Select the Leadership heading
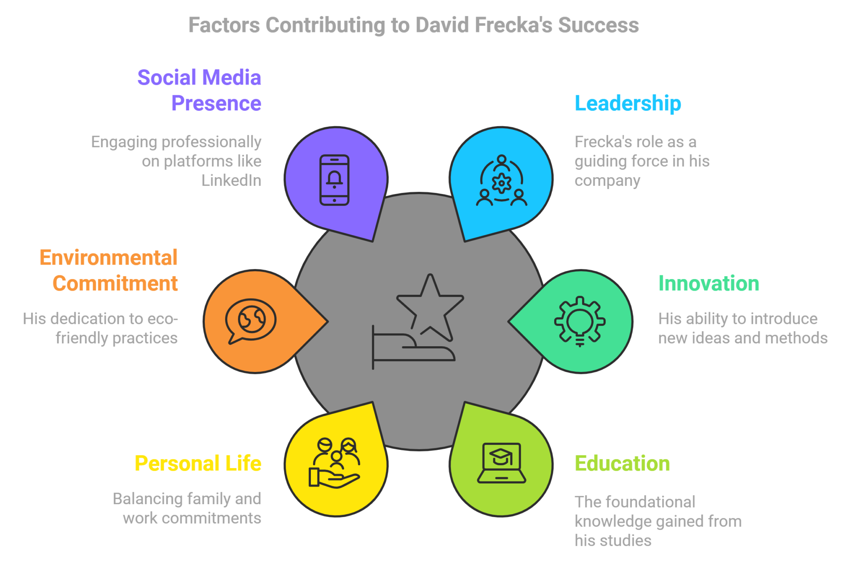pyautogui.click(x=628, y=104)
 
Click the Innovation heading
pyautogui.click(x=708, y=284)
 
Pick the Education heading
pyautogui.click(x=622, y=464)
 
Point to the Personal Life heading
pyautogui.click(x=198, y=464)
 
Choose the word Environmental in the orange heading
pyautogui.click(x=109, y=257)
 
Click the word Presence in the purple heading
pyautogui.click(x=216, y=103)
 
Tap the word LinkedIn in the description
pyautogui.click(x=231, y=181)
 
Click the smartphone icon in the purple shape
pyautogui.click(x=335, y=180)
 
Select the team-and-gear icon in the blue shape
pyautogui.click(x=502, y=180)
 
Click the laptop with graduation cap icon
pyautogui.click(x=502, y=463)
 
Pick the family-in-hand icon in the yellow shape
pyautogui.click(x=335, y=463)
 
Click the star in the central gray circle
pyautogui.click(x=430, y=307)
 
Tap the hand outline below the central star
pyautogui.click(x=414, y=347)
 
